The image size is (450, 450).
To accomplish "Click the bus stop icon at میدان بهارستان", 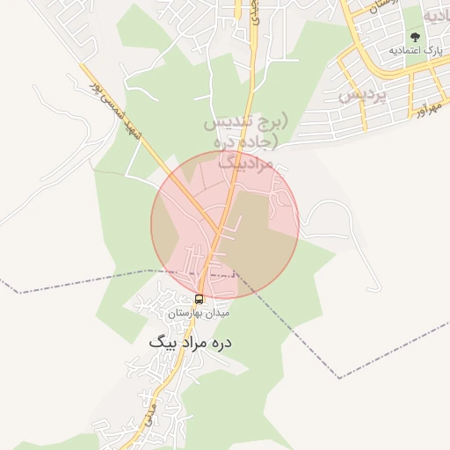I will click(x=200, y=299).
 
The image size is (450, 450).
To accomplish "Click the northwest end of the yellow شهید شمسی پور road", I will click(x=83, y=65).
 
